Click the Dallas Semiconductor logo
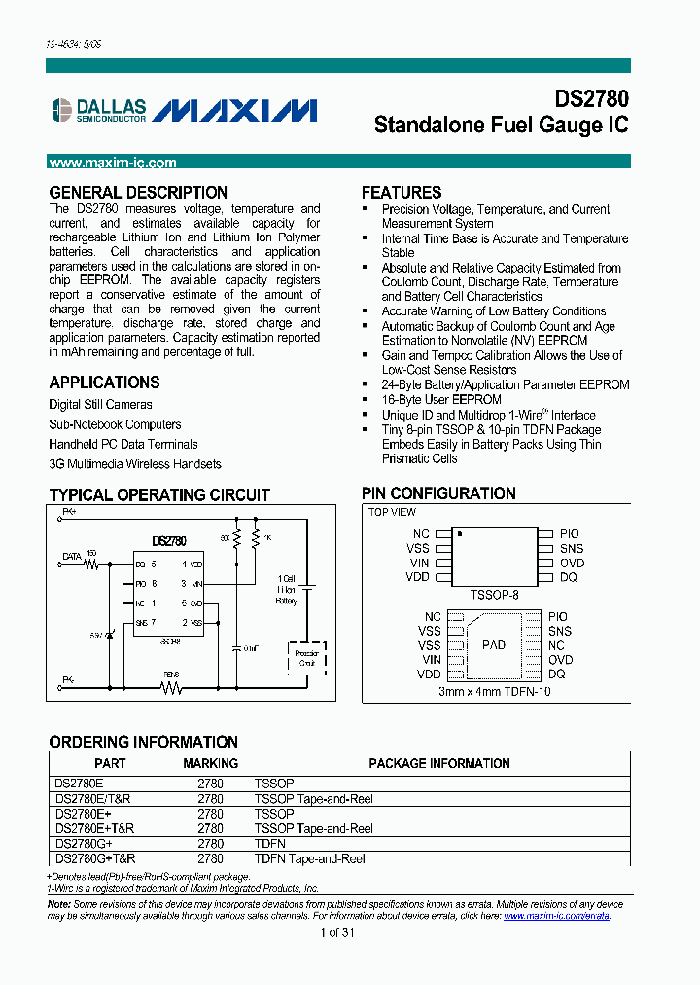click(98, 110)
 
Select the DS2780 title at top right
click(591, 99)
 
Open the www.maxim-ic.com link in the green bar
click(113, 164)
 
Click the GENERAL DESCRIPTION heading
click(138, 193)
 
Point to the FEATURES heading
click(402, 193)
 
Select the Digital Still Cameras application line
click(100, 404)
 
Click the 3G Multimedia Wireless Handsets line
click(135, 464)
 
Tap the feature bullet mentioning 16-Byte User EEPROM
click(441, 400)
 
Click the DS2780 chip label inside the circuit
click(169, 541)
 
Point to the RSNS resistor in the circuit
click(172, 687)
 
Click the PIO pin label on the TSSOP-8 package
click(570, 534)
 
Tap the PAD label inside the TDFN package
click(494, 645)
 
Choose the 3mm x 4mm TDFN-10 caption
click(493, 692)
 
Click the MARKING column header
click(210, 763)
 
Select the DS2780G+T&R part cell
click(95, 858)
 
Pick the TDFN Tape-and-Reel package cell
click(309, 858)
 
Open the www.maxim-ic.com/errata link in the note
click(556, 916)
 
